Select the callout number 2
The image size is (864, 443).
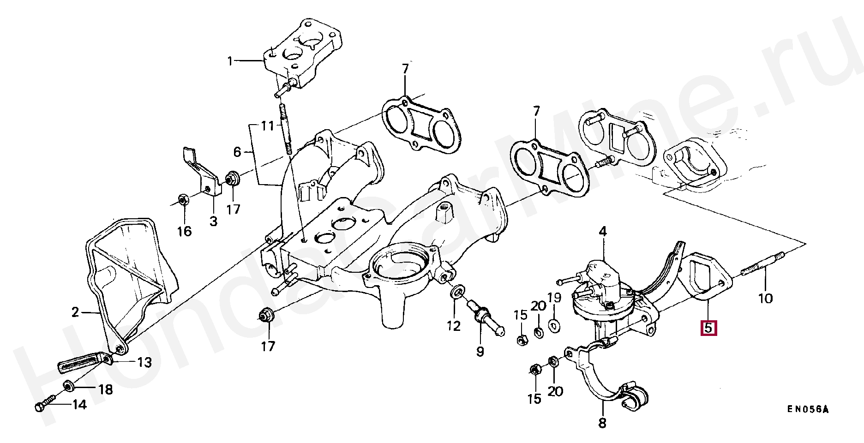pyautogui.click(x=75, y=313)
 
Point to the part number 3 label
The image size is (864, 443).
pyautogui.click(x=213, y=221)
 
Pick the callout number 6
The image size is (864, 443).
pyautogui.click(x=237, y=152)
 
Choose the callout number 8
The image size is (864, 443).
pyautogui.click(x=602, y=423)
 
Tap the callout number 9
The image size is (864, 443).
pyautogui.click(x=480, y=352)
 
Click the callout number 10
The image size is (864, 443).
pyautogui.click(x=765, y=298)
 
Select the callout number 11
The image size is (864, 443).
pyautogui.click(x=267, y=126)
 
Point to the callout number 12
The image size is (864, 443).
pyautogui.click(x=454, y=326)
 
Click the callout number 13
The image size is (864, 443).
pyautogui.click(x=144, y=362)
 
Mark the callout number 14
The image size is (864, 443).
pyautogui.click(x=79, y=405)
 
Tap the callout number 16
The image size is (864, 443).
pyautogui.click(x=184, y=231)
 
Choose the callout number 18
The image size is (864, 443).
pyautogui.click(x=105, y=390)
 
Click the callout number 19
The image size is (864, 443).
pyautogui.click(x=554, y=297)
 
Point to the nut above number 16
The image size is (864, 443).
pyautogui.click(x=182, y=200)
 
